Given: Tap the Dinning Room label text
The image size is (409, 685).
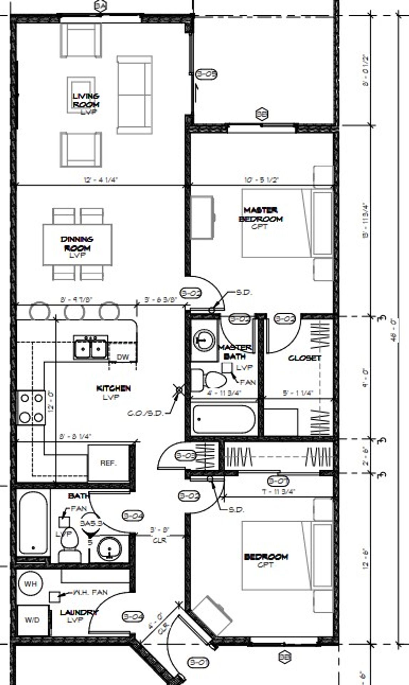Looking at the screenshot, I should [77, 244].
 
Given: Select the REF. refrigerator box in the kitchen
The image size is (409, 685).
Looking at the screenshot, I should [108, 463].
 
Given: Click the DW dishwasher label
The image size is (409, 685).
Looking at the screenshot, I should [122, 357].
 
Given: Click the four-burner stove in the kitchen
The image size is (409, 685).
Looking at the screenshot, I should [31, 407].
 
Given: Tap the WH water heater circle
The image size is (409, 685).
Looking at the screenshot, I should [30, 584].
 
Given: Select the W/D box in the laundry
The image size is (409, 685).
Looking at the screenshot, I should [32, 620].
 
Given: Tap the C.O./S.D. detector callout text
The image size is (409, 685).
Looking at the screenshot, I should [145, 413].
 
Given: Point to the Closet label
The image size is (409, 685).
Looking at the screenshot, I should [305, 358].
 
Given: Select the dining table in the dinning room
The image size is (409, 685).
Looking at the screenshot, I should [77, 244].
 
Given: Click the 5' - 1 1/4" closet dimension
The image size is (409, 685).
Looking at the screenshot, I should [298, 393].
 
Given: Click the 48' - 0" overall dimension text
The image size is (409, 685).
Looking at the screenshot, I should [394, 330].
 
